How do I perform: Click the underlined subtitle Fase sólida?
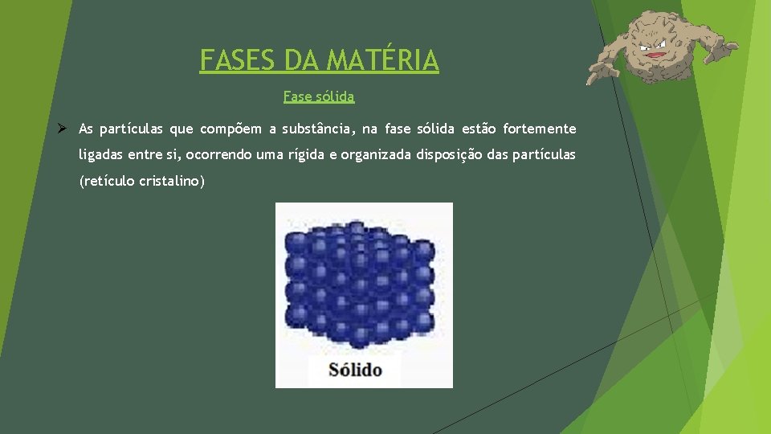coord(319,96)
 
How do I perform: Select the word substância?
coord(319,129)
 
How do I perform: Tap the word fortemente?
coord(540,129)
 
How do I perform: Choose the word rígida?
coord(306,154)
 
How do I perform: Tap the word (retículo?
coord(106,181)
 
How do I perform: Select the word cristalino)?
coord(172,181)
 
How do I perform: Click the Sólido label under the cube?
coord(354,371)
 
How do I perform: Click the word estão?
coord(479,129)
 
